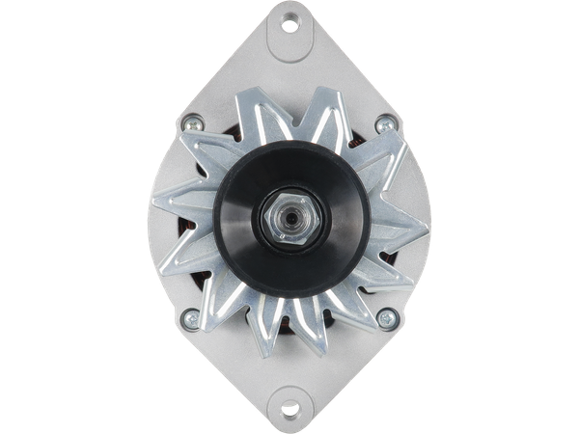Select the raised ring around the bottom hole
tap(289, 404)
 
